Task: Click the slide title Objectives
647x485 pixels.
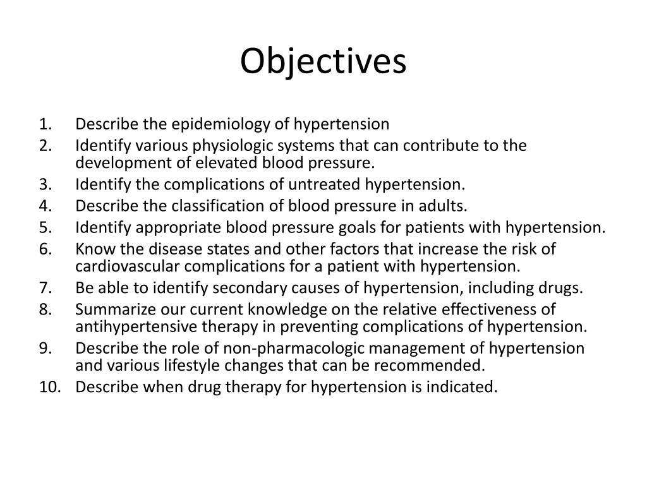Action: pyautogui.click(x=323, y=62)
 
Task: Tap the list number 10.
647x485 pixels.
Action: pyautogui.click(x=49, y=387)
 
